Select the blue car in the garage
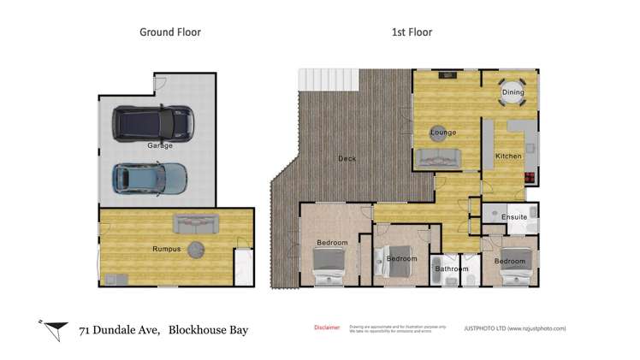click(150, 177)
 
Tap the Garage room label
click(160, 145)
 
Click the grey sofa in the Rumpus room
click(196, 224)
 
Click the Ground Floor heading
click(176, 32)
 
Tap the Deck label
click(347, 159)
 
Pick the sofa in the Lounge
click(438, 158)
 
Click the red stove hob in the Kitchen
click(530, 179)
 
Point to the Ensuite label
click(513, 217)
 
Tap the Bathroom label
click(452, 269)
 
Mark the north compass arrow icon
click(56, 328)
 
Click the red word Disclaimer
click(326, 328)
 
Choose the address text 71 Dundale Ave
click(119, 330)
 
